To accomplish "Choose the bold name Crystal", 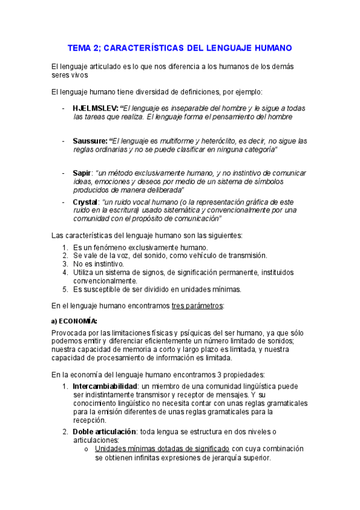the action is (x=85, y=202).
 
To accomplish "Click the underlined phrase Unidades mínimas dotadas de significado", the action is (x=162, y=449).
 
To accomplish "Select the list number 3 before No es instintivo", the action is (x=65, y=263).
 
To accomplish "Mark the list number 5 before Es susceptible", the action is (x=65, y=289).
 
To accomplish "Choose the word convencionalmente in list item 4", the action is (x=97, y=280).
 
